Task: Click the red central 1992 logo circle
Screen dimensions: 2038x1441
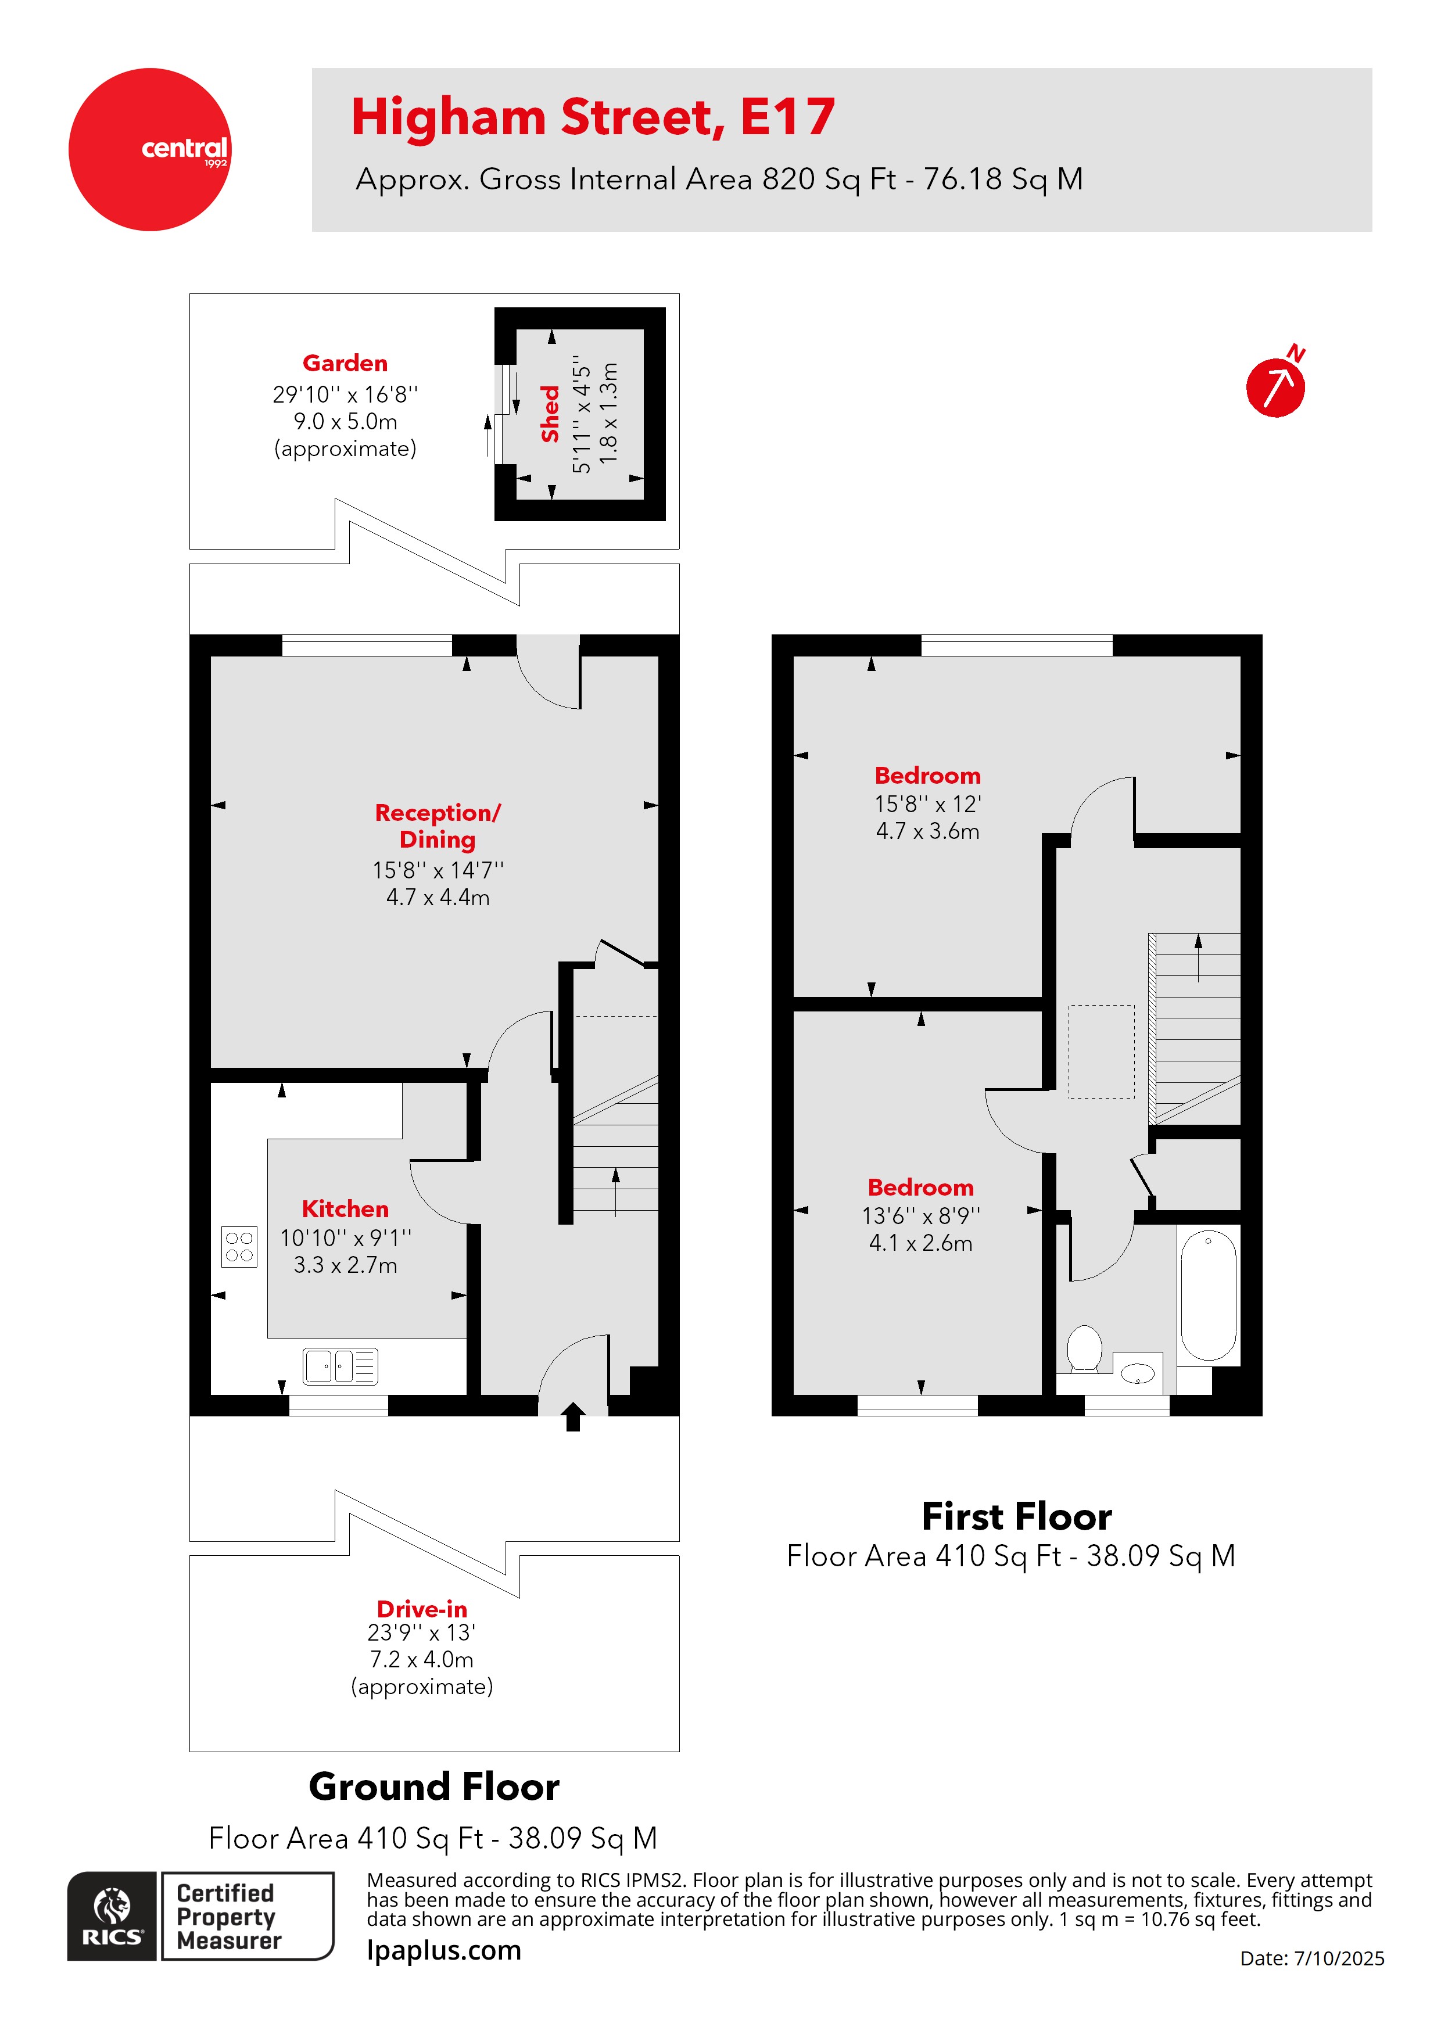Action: coord(149,149)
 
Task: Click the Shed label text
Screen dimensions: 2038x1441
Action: coord(550,414)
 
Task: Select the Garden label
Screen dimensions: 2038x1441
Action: coord(345,363)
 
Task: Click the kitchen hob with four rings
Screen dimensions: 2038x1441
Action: coord(239,1246)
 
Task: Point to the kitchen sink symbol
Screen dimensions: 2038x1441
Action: coord(340,1366)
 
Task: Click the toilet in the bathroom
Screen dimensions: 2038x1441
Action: coord(1083,1348)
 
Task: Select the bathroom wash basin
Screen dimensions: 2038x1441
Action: coord(1137,1374)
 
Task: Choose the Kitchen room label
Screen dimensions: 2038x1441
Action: coord(345,1209)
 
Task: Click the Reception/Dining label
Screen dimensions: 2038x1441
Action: coord(438,826)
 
